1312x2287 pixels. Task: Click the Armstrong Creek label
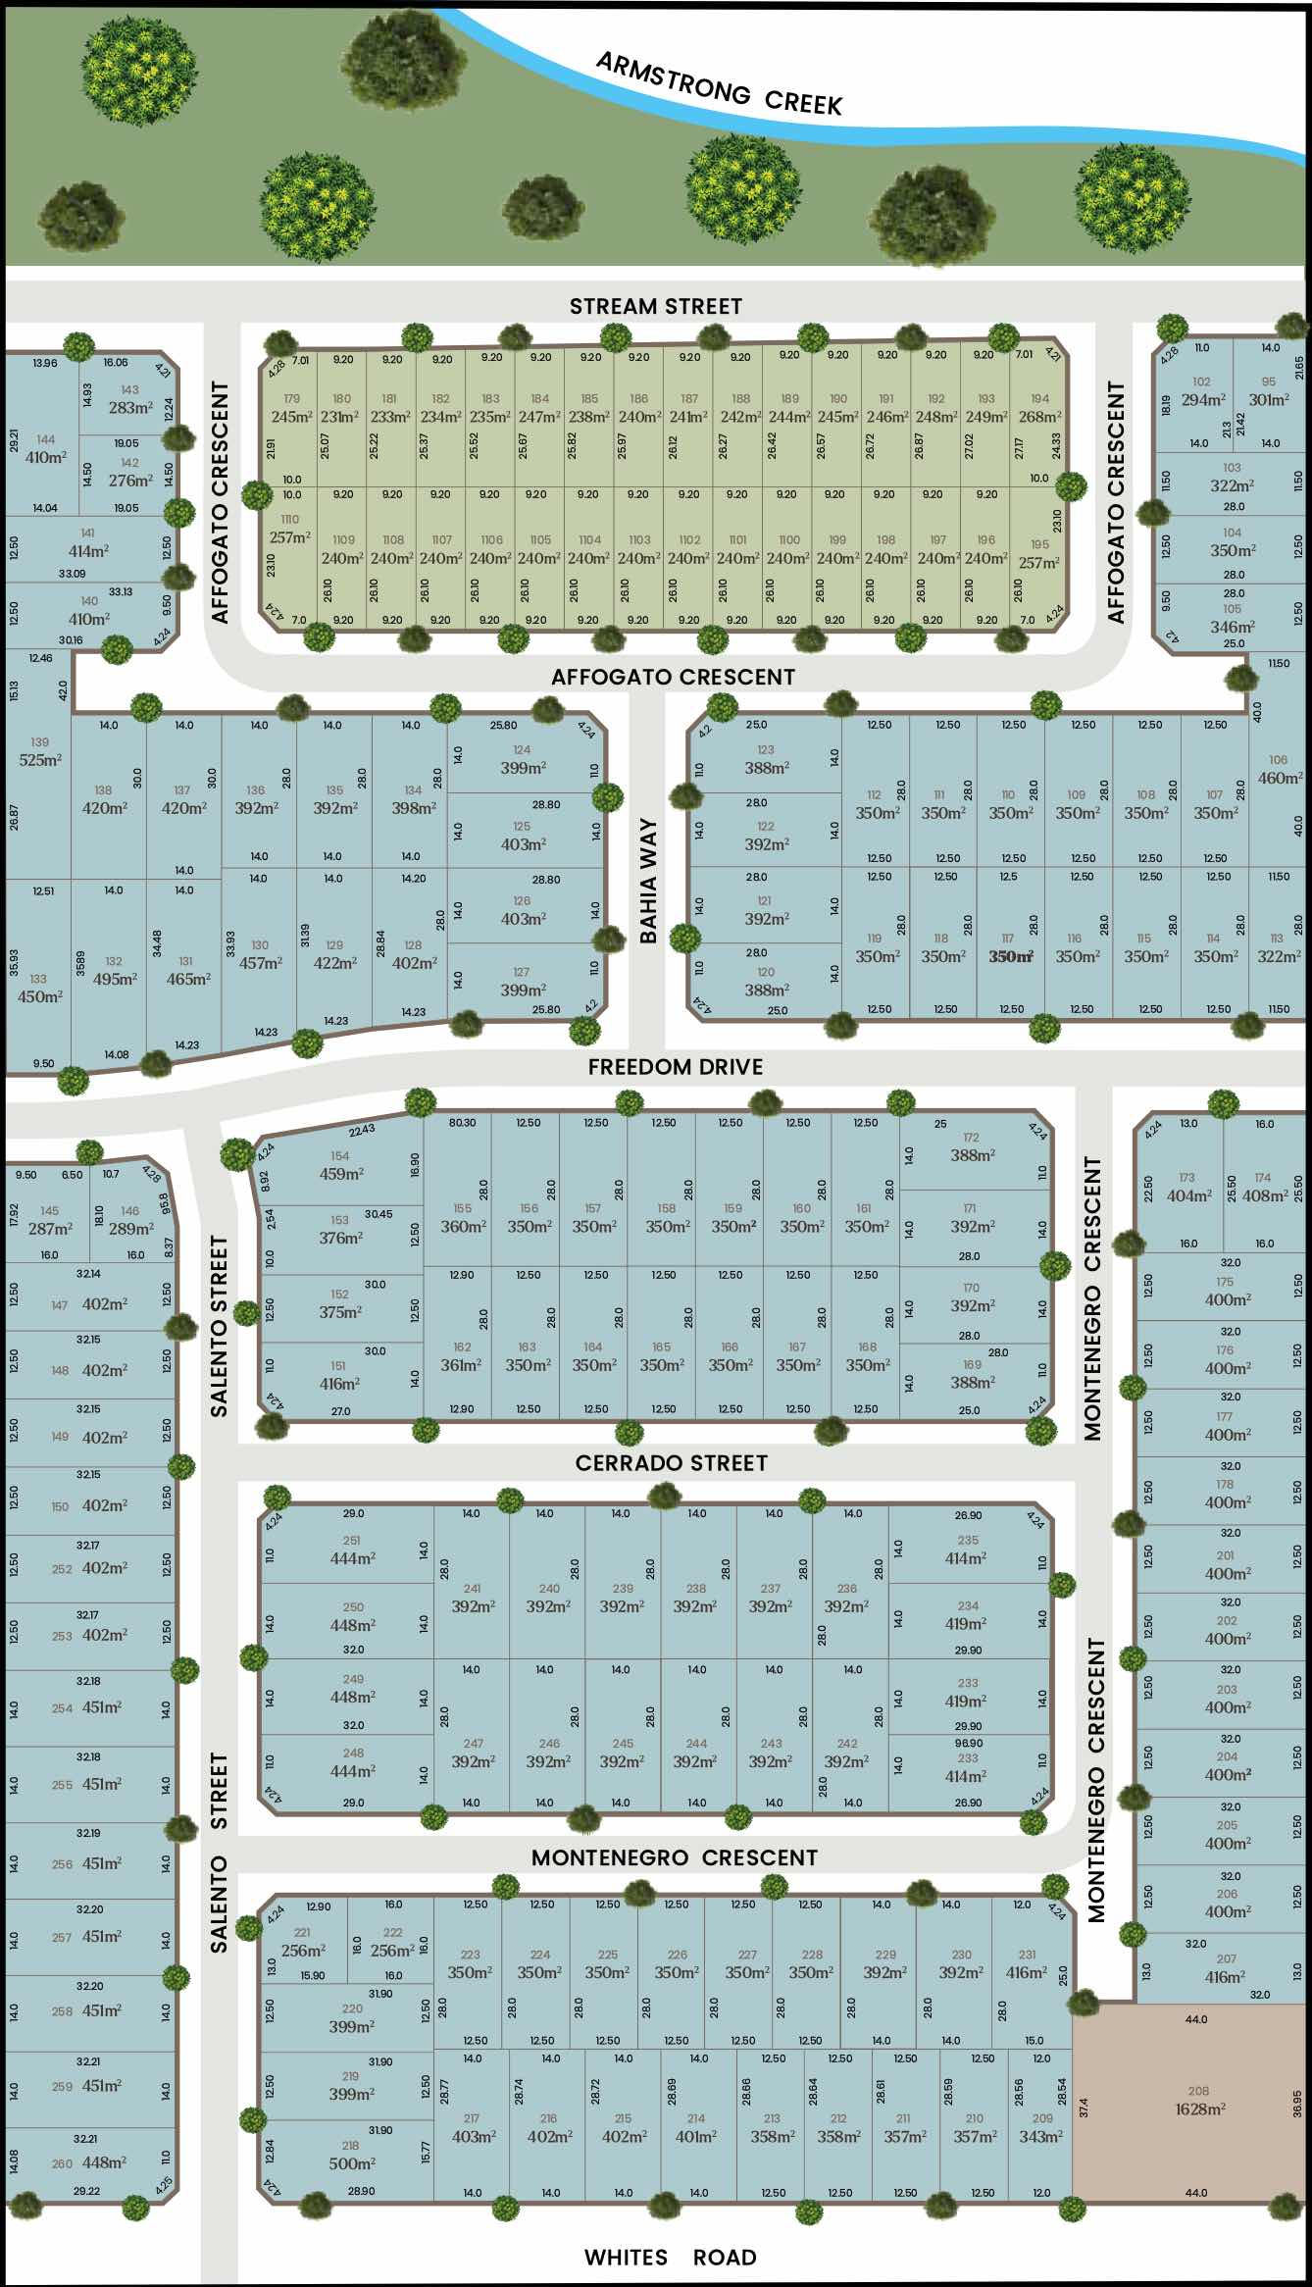pos(719,84)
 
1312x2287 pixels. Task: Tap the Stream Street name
pos(655,307)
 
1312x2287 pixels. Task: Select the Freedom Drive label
pos(675,1067)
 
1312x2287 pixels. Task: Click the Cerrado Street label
pos(671,1463)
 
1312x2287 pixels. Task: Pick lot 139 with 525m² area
pos(39,752)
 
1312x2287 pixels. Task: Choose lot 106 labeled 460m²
pos(1278,770)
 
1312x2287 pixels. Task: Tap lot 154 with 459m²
pos(340,1166)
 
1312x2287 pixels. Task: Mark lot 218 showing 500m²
pos(351,2156)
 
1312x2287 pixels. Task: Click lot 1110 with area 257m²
pos(289,530)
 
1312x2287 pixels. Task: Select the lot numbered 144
pos(45,439)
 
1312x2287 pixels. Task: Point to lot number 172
pos(971,1138)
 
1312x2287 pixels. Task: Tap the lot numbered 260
pos(62,2163)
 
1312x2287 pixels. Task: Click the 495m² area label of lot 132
pos(115,979)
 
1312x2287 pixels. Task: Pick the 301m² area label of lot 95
pos(1269,400)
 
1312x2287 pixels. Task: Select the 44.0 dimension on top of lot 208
pos(1195,2019)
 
